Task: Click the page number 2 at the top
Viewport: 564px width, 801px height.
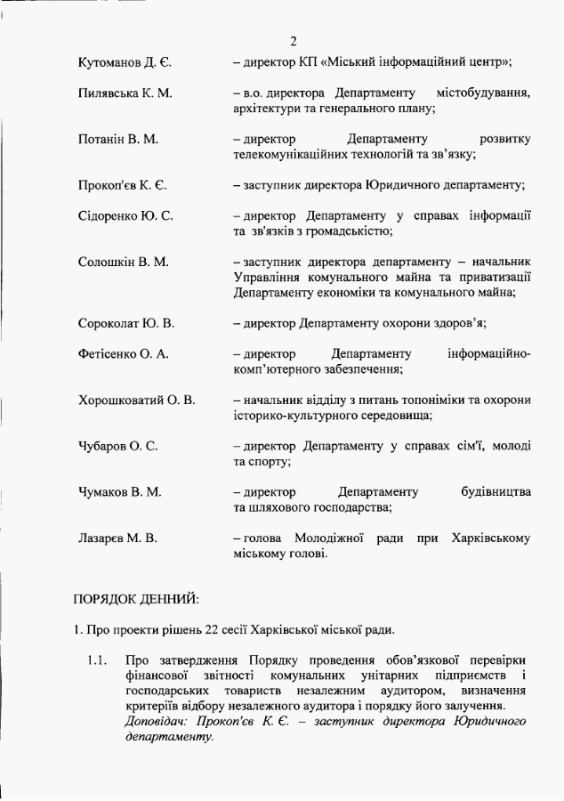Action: point(294,41)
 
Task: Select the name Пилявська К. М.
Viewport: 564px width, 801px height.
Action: point(125,93)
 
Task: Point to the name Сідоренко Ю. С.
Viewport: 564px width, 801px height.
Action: point(125,215)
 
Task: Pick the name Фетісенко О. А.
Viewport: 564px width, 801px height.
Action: point(123,354)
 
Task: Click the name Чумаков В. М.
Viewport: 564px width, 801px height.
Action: point(119,492)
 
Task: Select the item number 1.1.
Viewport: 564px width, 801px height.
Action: point(98,661)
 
